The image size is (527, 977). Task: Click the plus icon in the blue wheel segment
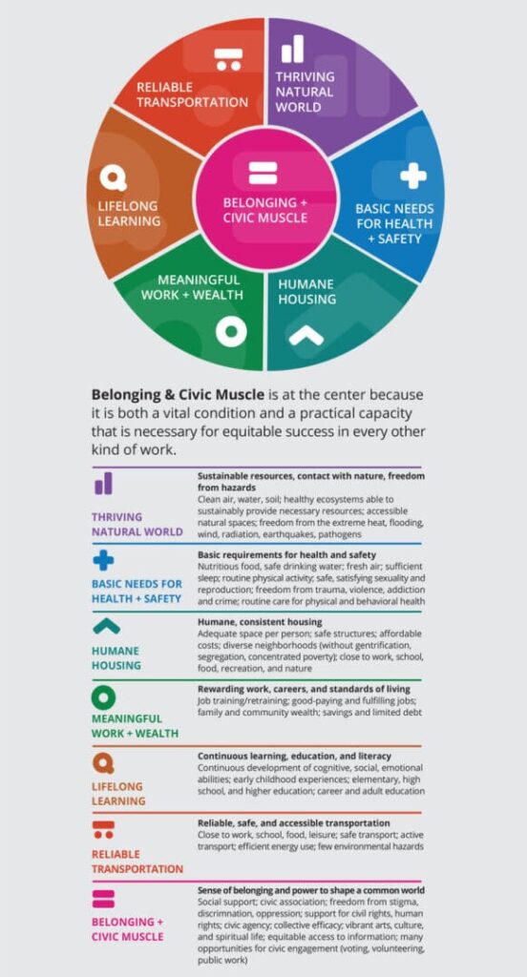coord(412,176)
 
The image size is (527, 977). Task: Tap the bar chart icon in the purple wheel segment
coord(292,49)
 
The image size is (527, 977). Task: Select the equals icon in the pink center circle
coord(263,173)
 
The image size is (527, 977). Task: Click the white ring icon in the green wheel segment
coord(231,331)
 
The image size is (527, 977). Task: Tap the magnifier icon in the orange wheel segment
coord(113,178)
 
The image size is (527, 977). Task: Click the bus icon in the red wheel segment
coord(228,59)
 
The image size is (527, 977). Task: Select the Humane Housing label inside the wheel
coord(306,292)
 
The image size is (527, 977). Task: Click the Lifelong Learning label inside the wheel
coord(129,213)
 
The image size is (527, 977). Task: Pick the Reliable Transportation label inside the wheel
coord(192,94)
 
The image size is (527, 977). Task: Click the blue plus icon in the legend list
coord(103,561)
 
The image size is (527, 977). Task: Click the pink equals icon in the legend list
coord(103,899)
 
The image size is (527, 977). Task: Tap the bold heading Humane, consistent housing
coord(260,622)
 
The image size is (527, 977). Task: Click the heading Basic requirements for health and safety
coord(286,554)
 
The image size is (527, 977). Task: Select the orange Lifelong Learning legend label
coord(118,794)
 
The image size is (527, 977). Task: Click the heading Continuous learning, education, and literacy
coord(294,756)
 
